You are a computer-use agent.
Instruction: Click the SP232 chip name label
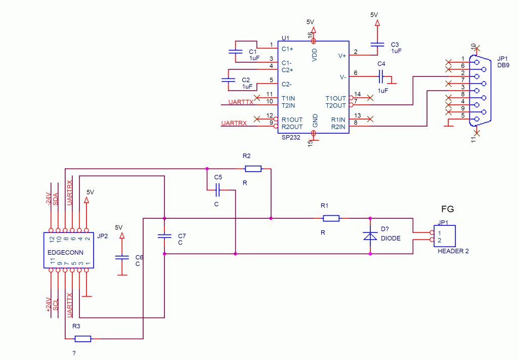click(291, 138)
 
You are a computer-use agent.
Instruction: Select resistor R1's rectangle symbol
click(331, 218)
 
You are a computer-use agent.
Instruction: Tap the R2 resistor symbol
click(253, 169)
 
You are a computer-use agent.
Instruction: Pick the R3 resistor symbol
click(83, 339)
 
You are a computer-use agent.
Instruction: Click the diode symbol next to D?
click(370, 236)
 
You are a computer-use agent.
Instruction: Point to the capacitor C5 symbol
click(218, 190)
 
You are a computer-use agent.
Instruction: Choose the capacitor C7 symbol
click(164, 236)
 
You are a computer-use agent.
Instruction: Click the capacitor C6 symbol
click(122, 257)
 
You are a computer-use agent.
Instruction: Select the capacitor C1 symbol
click(235, 52)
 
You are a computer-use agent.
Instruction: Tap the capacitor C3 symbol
click(377, 44)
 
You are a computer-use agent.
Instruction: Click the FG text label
click(448, 209)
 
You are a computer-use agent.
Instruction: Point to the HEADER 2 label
click(453, 251)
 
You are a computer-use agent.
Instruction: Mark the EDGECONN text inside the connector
click(65, 253)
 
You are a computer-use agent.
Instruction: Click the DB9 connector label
click(503, 65)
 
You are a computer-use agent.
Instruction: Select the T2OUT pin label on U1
click(336, 106)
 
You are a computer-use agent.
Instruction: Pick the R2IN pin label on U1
click(338, 127)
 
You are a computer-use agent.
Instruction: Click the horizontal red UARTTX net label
click(241, 102)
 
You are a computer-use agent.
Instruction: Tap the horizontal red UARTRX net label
click(234, 124)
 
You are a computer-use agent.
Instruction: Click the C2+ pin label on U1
click(287, 70)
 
